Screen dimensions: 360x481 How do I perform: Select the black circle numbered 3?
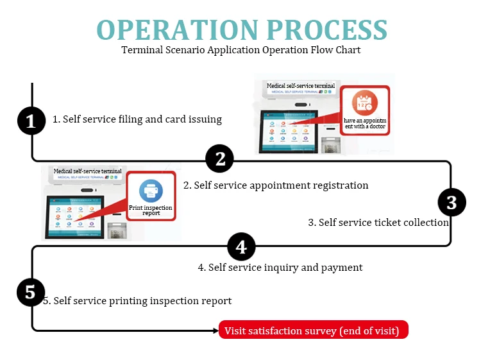pyautogui.click(x=451, y=202)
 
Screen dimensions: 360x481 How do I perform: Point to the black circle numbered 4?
pyautogui.click(x=241, y=246)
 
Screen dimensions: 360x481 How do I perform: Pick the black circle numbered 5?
pyautogui.click(x=30, y=293)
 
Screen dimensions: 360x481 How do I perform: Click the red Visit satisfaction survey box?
pyautogui.click(x=314, y=331)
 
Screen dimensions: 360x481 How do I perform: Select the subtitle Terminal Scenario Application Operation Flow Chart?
pyautogui.click(x=241, y=49)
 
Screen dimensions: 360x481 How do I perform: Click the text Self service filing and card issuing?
pyautogui.click(x=137, y=119)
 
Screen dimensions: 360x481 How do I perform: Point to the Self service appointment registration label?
pyautogui.click(x=276, y=185)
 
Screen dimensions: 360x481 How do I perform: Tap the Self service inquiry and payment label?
pyautogui.click(x=280, y=267)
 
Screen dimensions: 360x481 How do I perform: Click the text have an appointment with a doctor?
pyautogui.click(x=364, y=123)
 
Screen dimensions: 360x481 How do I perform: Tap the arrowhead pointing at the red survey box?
pyautogui.click(x=215, y=331)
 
